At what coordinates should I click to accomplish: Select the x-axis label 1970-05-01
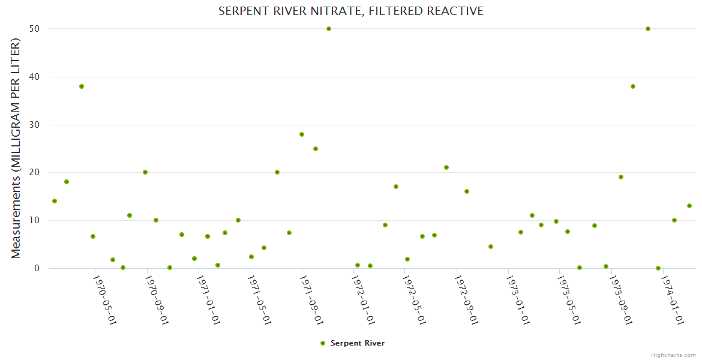[104, 299]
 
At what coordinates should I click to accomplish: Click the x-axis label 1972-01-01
[364, 299]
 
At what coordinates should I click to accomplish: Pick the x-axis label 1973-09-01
[621, 299]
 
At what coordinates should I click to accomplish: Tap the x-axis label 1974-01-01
[673, 299]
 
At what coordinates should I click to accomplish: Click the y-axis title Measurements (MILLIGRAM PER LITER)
[16, 148]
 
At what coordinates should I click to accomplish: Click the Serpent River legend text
[357, 343]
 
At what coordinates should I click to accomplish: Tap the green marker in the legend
[322, 343]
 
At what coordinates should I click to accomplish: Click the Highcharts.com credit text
[673, 355]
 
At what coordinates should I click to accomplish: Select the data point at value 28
[302, 134]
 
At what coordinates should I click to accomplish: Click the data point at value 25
[316, 149]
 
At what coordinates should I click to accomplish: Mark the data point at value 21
[446, 167]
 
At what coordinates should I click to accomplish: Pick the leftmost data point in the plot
[55, 201]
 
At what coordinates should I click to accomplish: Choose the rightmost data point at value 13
[689, 206]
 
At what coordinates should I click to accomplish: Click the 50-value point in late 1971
[329, 29]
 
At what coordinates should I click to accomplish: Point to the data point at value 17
[396, 187]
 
